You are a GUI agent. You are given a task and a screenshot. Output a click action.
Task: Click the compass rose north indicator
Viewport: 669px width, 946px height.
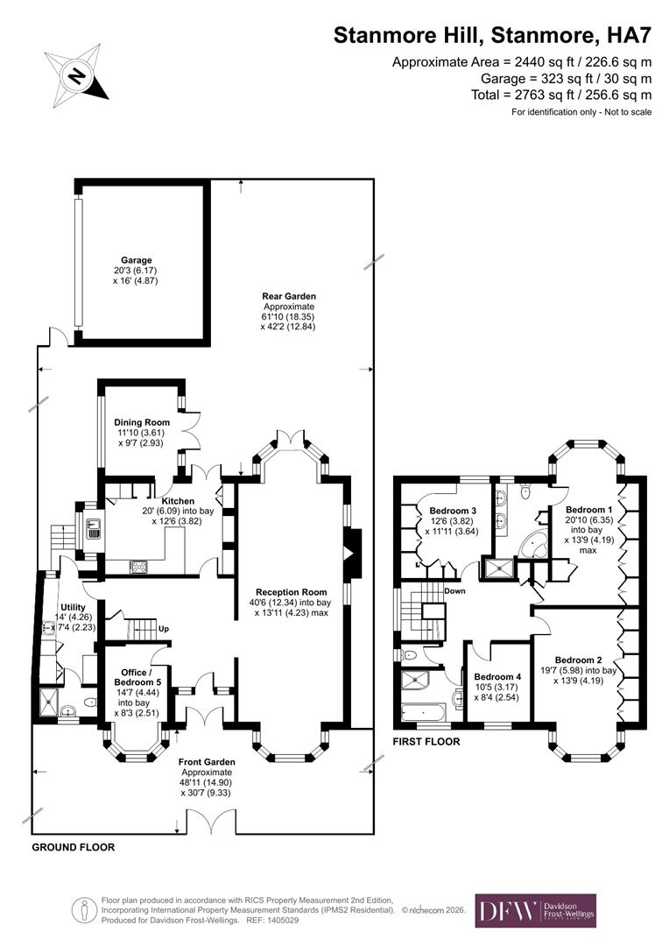[76, 75]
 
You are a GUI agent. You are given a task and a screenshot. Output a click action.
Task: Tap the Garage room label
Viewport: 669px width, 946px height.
[137, 260]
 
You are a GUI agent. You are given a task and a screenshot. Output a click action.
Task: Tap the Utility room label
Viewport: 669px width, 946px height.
[73, 606]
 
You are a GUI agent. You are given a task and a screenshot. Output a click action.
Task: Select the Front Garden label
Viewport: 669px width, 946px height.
[206, 762]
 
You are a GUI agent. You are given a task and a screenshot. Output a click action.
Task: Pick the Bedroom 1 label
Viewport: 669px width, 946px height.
[588, 509]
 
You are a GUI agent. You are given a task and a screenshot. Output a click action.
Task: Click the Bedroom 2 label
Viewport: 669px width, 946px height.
[578, 660]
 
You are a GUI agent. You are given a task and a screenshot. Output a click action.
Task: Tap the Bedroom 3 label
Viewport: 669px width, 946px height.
[454, 511]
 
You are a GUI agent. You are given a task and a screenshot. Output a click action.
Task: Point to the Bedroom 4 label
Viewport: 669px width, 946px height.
[496, 677]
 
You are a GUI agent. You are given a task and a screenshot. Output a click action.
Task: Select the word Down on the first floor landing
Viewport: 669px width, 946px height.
[454, 590]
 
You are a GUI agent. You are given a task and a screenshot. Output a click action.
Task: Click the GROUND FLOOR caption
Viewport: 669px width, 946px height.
[74, 848]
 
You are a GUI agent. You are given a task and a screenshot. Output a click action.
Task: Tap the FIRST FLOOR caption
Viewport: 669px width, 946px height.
[426, 741]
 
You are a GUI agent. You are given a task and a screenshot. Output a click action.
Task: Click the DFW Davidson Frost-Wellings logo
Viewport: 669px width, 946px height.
[535, 911]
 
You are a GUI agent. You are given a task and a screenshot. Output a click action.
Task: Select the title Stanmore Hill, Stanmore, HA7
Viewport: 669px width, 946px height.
[492, 35]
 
